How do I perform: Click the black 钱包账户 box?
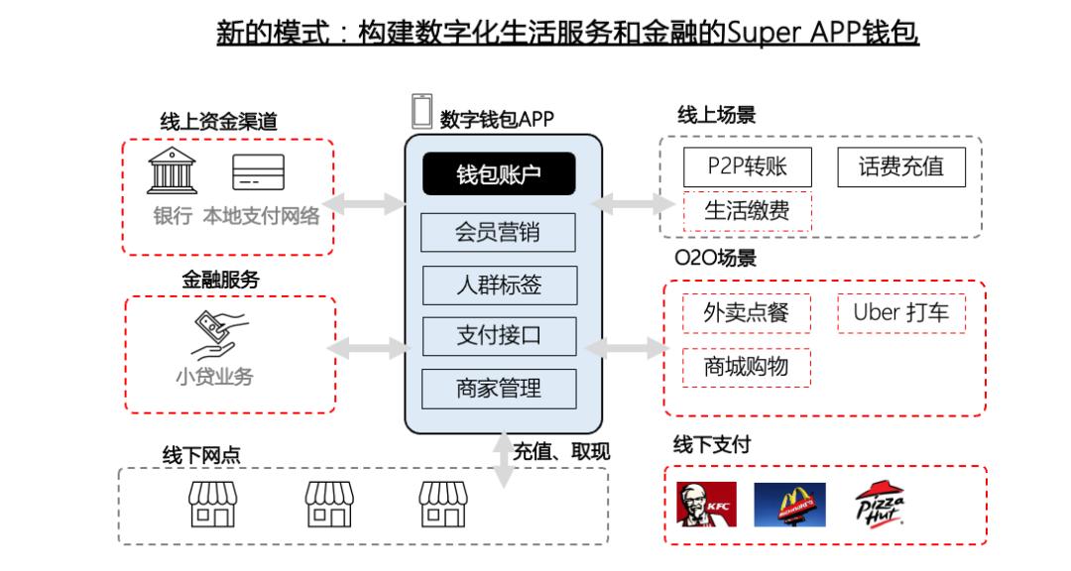pyautogui.click(x=499, y=173)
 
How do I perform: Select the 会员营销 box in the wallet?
pyautogui.click(x=498, y=232)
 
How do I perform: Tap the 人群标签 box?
pyautogui.click(x=499, y=285)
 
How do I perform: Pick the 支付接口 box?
pyautogui.click(x=499, y=336)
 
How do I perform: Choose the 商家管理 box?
pyautogui.click(x=499, y=389)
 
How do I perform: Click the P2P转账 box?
pyautogui.click(x=748, y=167)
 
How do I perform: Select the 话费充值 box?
pyautogui.click(x=901, y=167)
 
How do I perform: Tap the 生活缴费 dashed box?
pyautogui.click(x=748, y=211)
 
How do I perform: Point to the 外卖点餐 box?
pyautogui.click(x=747, y=313)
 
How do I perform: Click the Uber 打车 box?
pyautogui.click(x=901, y=313)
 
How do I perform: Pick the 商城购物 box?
pyautogui.click(x=747, y=368)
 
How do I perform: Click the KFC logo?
pyautogui.click(x=706, y=504)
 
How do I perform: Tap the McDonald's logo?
pyautogui.click(x=789, y=505)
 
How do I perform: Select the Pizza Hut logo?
pyautogui.click(x=880, y=503)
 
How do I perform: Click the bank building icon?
pyautogui.click(x=173, y=171)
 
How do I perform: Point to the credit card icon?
pyautogui.click(x=258, y=171)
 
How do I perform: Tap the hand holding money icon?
pyautogui.click(x=217, y=335)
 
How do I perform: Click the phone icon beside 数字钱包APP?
pyautogui.click(x=422, y=111)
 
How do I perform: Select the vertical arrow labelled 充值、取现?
pyautogui.click(x=504, y=460)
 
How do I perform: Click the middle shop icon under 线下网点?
pyautogui.click(x=329, y=504)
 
